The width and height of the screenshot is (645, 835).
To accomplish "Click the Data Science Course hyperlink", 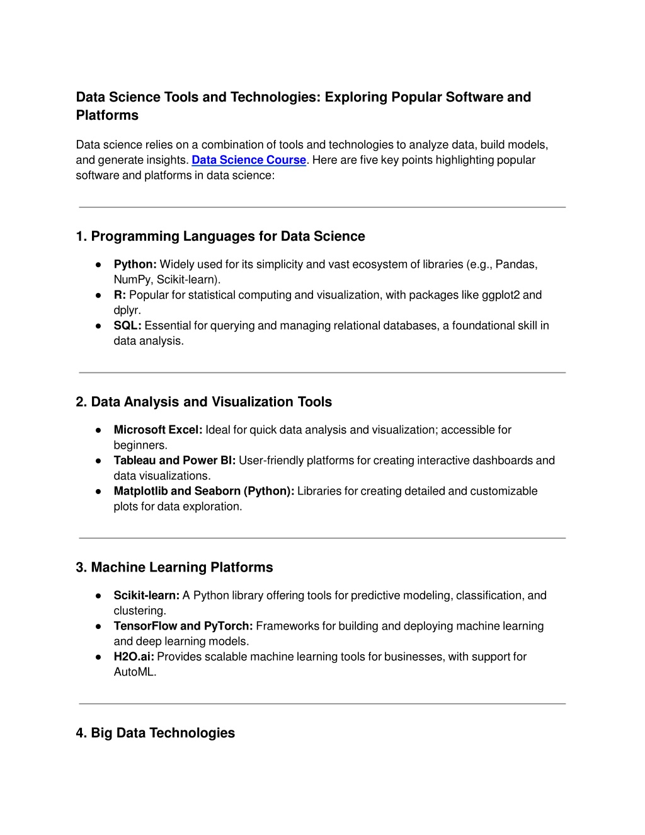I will coord(248,160).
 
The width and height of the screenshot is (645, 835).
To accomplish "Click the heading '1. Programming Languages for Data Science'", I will coord(220,236).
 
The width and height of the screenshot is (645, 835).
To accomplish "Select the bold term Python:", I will coord(135,265).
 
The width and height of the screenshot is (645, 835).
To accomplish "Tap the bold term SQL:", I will coord(127,326).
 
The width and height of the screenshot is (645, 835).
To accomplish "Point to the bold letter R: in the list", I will coord(120,295).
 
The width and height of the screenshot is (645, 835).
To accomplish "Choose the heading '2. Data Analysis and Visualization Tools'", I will coord(203,402).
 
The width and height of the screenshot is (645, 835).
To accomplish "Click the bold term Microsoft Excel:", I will coord(157,430).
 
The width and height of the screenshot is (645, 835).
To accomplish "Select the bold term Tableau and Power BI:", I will coord(174,461).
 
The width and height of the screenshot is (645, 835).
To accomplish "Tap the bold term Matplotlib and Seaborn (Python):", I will coord(203,491).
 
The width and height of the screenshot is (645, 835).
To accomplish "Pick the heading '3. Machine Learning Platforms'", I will coord(174,568).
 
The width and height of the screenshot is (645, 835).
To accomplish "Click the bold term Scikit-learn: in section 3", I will coord(146,596).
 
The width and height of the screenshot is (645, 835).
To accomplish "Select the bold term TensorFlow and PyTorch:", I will coord(183,626).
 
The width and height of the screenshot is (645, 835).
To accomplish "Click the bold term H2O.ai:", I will coord(134,657).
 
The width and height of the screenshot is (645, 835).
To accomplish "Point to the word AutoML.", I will coord(134,672).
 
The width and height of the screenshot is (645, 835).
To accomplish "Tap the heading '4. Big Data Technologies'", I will coord(155,733).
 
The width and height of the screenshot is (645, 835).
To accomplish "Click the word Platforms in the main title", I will coord(107,115).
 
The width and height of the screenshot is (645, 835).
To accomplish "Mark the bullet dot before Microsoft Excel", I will coord(99,430).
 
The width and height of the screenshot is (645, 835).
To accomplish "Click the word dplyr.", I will coord(127,310).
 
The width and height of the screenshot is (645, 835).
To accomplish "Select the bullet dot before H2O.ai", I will coord(99,657).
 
